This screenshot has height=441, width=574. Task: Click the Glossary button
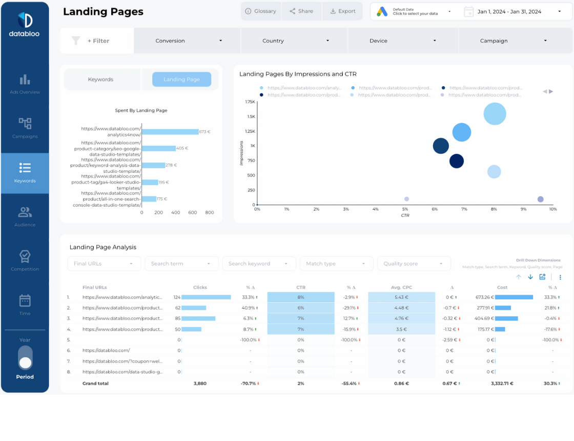coord(260,11)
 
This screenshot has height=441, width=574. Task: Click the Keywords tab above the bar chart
coord(100,79)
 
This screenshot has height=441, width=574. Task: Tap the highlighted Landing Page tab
coord(181,79)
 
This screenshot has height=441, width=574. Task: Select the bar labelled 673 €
coord(170,132)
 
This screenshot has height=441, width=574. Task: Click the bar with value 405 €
coord(158,148)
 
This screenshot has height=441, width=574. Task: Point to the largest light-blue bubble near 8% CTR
coord(495,114)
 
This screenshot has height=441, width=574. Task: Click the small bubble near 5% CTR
coord(406,199)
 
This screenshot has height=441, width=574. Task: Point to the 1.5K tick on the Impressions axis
coord(251,116)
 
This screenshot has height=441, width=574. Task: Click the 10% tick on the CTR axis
coord(552,209)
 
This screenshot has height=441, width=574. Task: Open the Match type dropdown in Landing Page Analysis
coord(336,264)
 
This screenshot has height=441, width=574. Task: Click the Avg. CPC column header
coord(401,288)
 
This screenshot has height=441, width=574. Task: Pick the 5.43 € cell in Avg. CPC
coord(401,297)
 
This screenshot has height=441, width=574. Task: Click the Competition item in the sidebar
coord(25,260)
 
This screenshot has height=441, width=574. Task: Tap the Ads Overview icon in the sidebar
coord(25,80)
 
